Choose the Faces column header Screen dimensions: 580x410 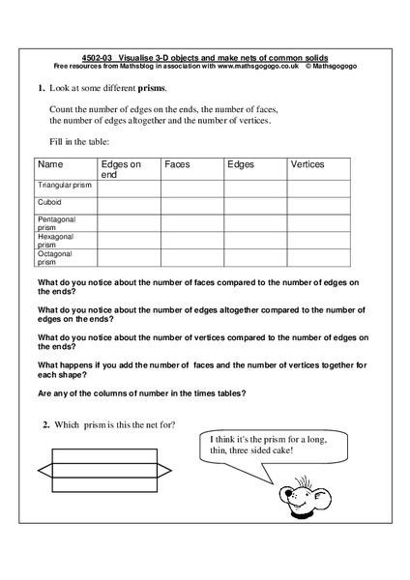coord(177,165)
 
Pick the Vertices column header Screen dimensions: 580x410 coord(307,165)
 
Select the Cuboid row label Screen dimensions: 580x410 coord(50,203)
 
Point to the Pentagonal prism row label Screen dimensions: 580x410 coord(57,223)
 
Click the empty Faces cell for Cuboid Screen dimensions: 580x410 coord(192,205)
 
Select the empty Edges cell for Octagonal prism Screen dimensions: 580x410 coord(255,258)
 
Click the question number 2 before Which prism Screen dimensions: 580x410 coord(45,426)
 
